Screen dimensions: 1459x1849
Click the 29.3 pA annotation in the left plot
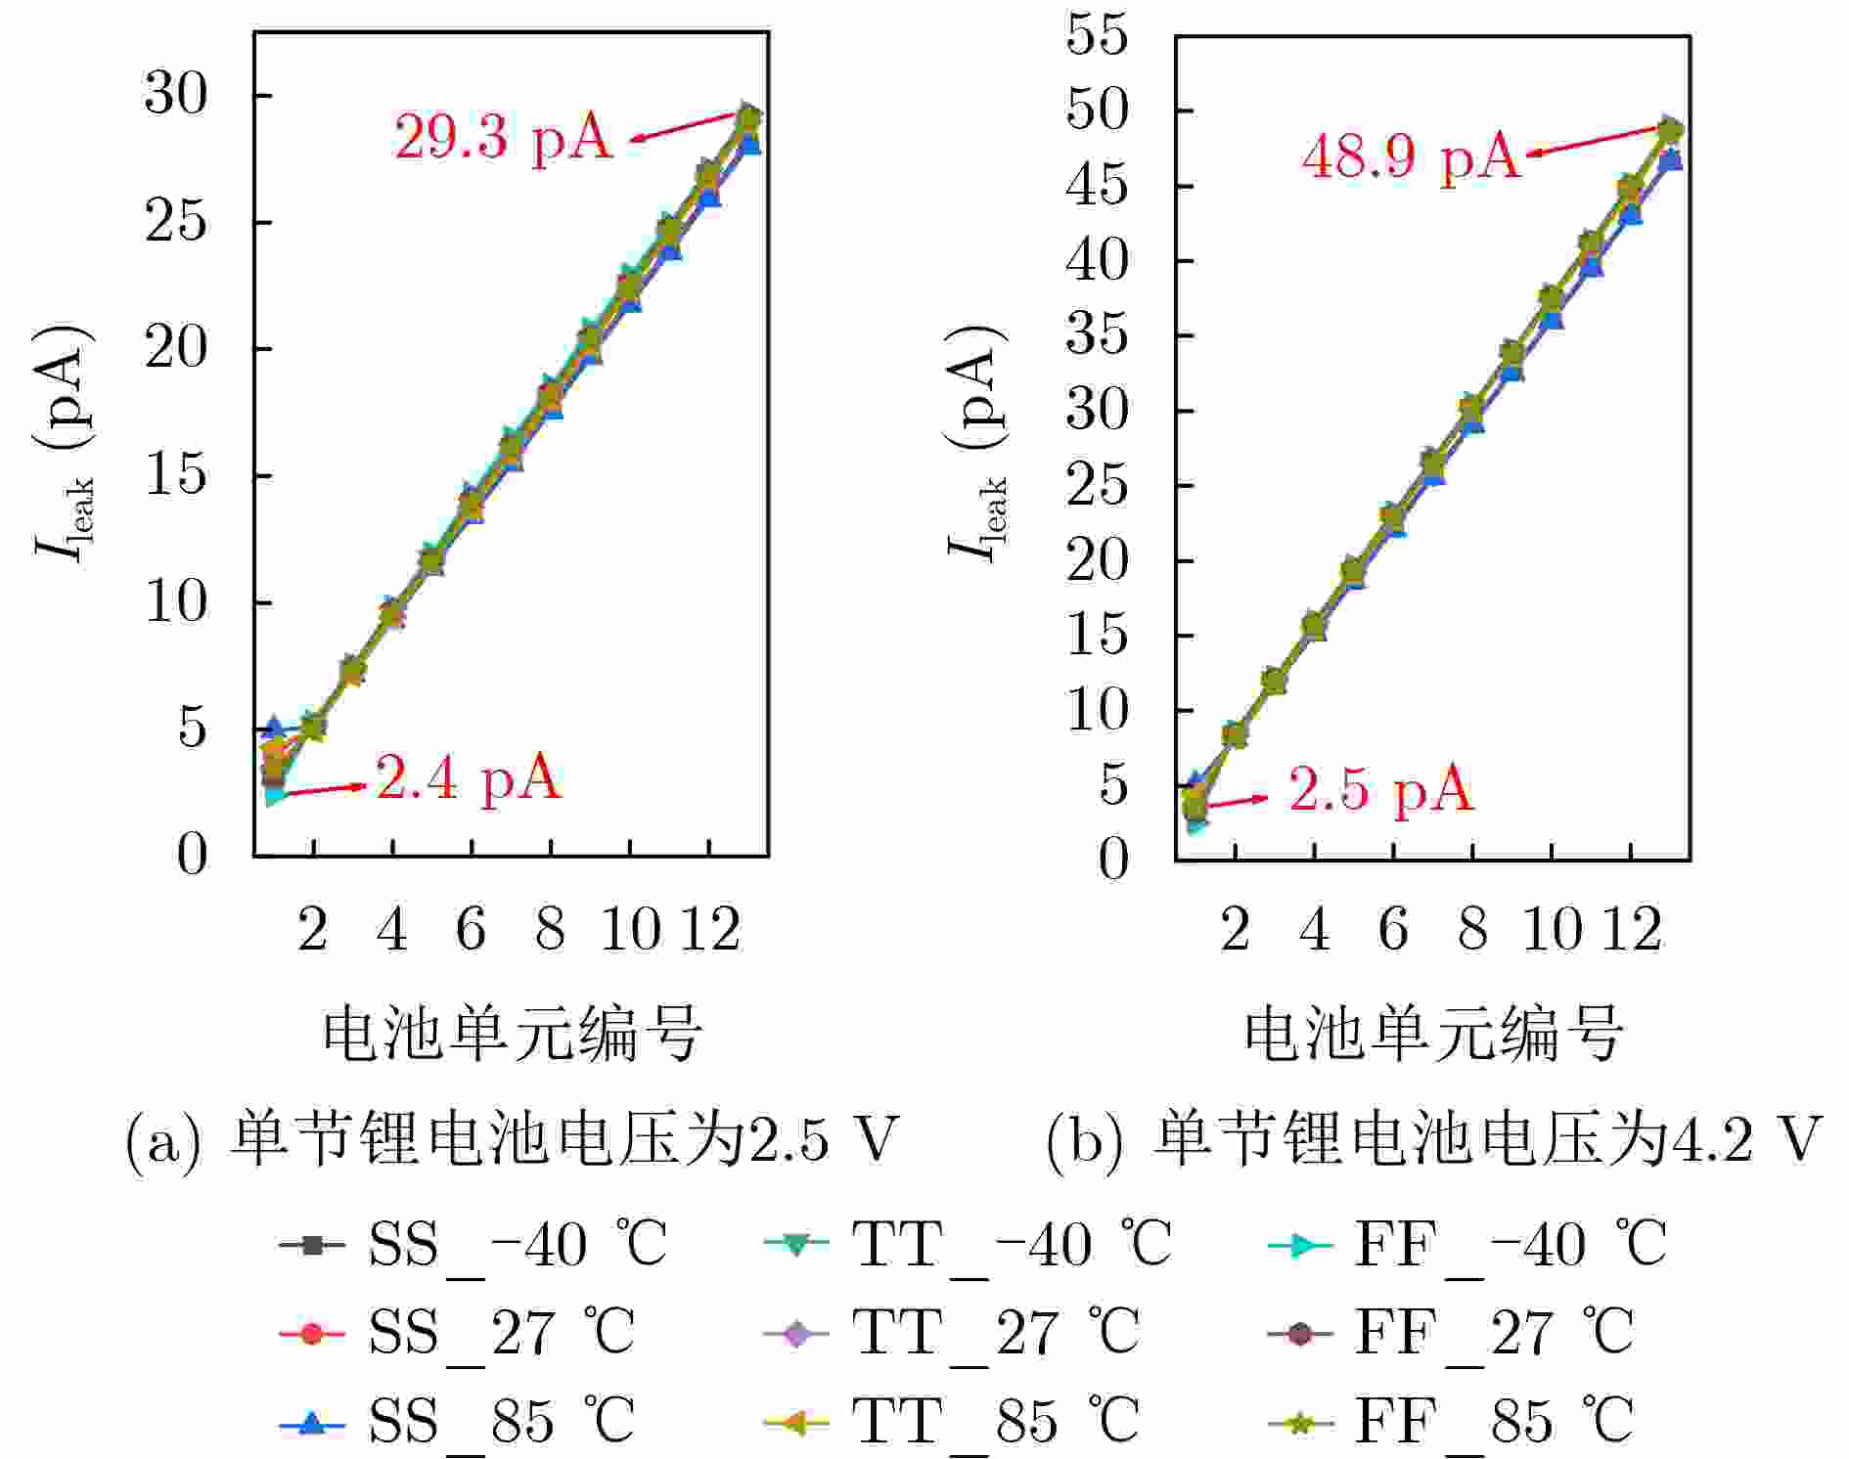pos(504,137)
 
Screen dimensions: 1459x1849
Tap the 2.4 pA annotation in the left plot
pos(469,779)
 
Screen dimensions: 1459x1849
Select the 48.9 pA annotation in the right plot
pos(1412,156)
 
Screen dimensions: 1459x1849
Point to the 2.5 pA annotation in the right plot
pos(1380,789)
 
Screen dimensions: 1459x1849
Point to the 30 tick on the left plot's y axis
pos(177,96)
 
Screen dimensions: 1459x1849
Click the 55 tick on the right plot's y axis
pos(1097,35)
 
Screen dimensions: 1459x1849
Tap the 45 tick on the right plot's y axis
pos(1097,186)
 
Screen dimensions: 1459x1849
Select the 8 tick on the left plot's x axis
pos(550,929)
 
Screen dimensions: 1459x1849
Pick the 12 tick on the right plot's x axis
pos(1631,929)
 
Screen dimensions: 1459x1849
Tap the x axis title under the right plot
pos(1433,1035)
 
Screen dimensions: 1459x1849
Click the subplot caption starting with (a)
pos(512,1139)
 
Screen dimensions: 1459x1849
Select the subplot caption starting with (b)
pos(1433,1139)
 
